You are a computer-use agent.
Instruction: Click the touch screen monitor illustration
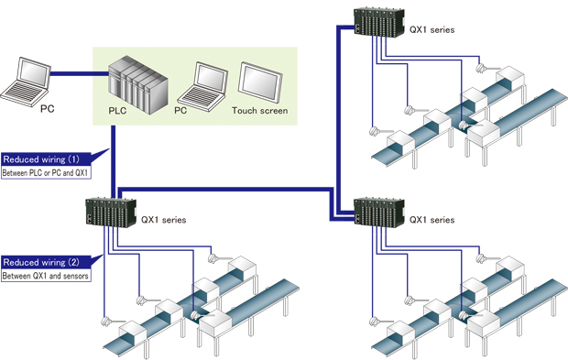pyautogui.click(x=259, y=82)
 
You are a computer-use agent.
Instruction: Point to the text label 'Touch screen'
pyautogui.click(x=259, y=112)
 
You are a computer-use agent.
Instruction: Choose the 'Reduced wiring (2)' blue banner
pyautogui.click(x=46, y=261)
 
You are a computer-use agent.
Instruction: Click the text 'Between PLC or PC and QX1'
pyautogui.click(x=46, y=171)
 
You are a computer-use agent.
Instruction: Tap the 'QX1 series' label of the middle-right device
pyautogui.click(x=432, y=220)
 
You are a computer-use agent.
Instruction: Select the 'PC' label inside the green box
pyautogui.click(x=182, y=112)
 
